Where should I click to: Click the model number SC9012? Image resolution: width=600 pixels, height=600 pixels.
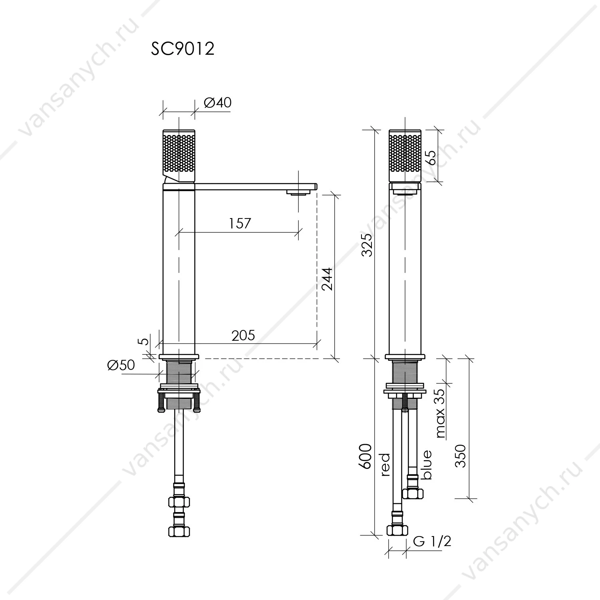click(183, 49)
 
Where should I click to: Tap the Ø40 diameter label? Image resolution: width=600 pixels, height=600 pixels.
click(217, 103)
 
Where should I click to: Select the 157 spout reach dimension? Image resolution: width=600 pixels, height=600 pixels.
click(240, 223)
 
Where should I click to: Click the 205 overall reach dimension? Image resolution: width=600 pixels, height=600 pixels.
click(243, 335)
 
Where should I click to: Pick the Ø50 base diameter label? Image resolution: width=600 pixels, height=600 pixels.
click(121, 365)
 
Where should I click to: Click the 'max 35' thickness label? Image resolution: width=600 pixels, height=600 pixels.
click(440, 413)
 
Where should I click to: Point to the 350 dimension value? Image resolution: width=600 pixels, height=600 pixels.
click(461, 455)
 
